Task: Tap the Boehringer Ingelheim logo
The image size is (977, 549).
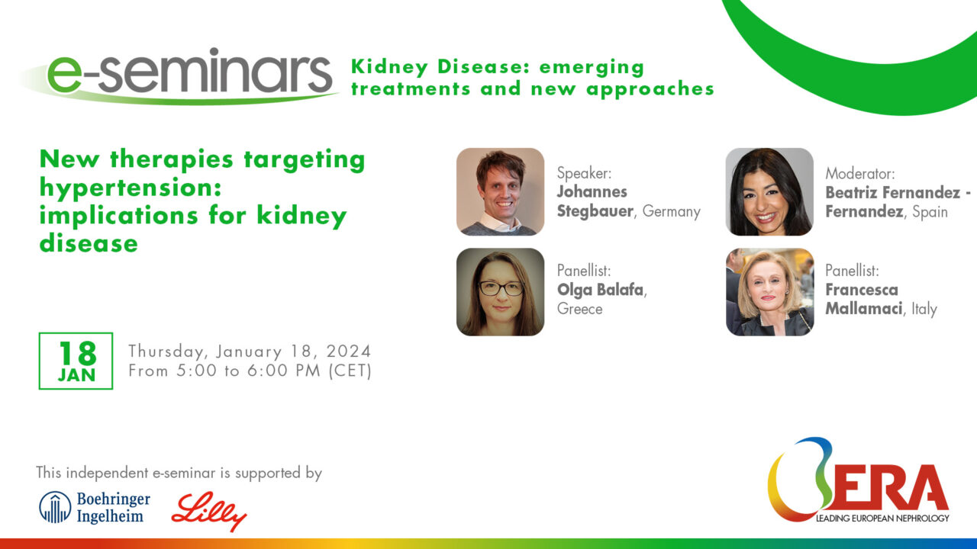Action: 95,507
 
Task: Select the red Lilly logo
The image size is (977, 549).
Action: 209,512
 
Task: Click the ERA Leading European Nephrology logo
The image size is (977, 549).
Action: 858,480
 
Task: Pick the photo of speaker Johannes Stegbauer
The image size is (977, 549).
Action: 500,191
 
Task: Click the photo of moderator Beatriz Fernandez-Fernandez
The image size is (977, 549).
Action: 769,191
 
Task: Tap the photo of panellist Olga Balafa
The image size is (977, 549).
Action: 500,292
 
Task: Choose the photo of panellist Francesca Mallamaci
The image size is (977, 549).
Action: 769,292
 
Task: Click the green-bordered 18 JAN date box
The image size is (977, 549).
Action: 76,361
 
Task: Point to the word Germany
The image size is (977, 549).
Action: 671,212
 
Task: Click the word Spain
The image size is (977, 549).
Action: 930,212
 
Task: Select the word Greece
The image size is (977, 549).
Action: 579,309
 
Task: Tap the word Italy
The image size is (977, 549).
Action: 924,309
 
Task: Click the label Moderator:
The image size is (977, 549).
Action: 860,174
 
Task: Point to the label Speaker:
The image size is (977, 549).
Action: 585,173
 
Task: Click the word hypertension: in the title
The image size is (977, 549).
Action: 131,188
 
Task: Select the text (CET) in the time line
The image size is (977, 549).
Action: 350,371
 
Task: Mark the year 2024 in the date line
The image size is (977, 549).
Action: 349,352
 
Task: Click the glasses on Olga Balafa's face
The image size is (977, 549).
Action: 501,288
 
